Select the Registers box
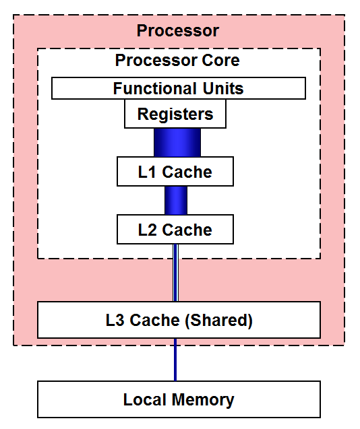(x=175, y=114)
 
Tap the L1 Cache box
(x=175, y=172)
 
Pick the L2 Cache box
(x=175, y=230)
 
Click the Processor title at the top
(x=178, y=30)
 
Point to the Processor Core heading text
(x=177, y=60)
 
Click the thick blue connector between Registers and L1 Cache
(x=177, y=142)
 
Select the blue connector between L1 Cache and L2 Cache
(x=176, y=200)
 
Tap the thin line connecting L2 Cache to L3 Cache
(x=176, y=273)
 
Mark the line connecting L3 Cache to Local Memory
(x=176, y=360)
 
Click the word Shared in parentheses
(x=220, y=321)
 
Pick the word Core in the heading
(x=221, y=60)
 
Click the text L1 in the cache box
(x=146, y=172)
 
